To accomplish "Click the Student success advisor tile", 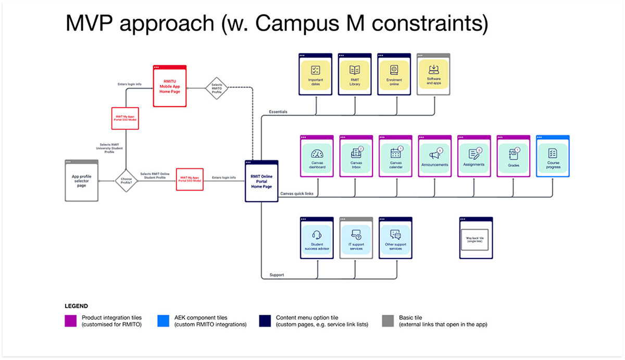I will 317,238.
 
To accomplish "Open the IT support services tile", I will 356,238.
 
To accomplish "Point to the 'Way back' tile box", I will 476,238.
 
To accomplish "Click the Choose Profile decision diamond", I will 127,181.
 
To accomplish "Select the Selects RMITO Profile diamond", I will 217,88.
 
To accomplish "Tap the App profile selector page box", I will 82,180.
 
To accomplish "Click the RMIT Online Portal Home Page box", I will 261,181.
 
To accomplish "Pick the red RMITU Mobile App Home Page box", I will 169,86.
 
